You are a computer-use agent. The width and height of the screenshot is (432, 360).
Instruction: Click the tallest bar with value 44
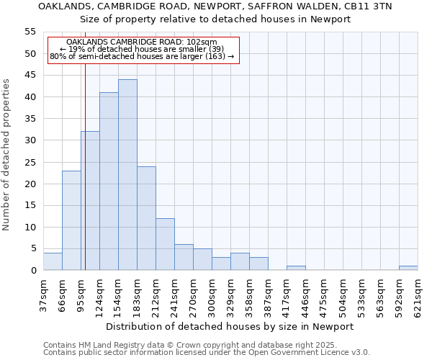pyautogui.click(x=127, y=175)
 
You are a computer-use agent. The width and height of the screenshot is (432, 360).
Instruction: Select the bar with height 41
pyautogui.click(x=109, y=181)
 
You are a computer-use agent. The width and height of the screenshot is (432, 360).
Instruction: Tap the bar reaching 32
pyautogui.click(x=90, y=201)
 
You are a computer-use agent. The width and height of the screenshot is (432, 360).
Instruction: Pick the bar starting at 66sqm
pyautogui.click(x=71, y=220)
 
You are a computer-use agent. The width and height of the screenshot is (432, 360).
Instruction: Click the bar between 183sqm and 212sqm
pyautogui.click(x=146, y=218)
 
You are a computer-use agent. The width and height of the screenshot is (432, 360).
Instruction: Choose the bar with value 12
pyautogui.click(x=165, y=244)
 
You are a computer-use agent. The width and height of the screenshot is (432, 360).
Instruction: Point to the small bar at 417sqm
pyautogui.click(x=296, y=268)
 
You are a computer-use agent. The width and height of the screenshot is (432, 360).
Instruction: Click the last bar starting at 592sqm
pyautogui.click(x=408, y=268)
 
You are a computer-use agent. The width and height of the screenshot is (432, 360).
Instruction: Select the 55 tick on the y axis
pyautogui.click(x=30, y=32)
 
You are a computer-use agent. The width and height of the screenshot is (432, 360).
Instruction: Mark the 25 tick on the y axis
pyautogui.click(x=30, y=162)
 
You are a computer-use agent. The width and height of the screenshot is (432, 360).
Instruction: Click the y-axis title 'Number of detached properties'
pyautogui.click(x=7, y=155)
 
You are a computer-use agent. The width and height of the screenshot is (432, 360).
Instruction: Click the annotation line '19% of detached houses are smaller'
pyautogui.click(x=142, y=49)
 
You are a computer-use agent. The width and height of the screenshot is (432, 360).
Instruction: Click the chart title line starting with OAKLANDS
pyautogui.click(x=215, y=6)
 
